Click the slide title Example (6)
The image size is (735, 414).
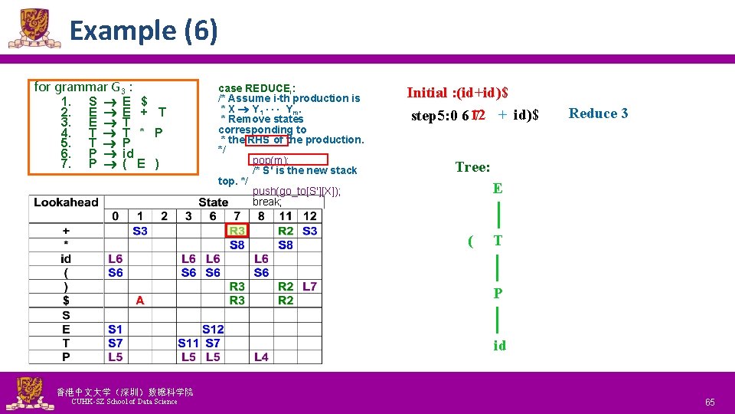tap(144, 31)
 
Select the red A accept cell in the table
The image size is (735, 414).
tap(139, 301)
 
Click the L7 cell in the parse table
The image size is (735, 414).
tap(309, 287)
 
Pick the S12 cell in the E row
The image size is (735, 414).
tap(213, 329)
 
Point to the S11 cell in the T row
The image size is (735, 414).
tap(188, 343)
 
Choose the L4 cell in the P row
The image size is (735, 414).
tap(261, 356)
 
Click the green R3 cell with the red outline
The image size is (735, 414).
tap(237, 231)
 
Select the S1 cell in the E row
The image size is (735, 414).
tap(115, 329)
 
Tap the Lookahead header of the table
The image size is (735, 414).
tap(66, 202)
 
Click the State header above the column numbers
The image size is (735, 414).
tap(213, 202)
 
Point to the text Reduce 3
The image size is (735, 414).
tap(598, 113)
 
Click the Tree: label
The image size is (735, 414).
tap(472, 167)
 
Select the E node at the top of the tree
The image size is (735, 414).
tap(498, 189)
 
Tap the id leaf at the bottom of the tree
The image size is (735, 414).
tap(499, 346)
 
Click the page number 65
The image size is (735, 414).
tap(710, 402)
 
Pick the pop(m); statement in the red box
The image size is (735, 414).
tap(269, 160)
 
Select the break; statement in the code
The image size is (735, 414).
tap(267, 202)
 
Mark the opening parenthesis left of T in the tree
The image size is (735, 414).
tap(470, 242)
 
